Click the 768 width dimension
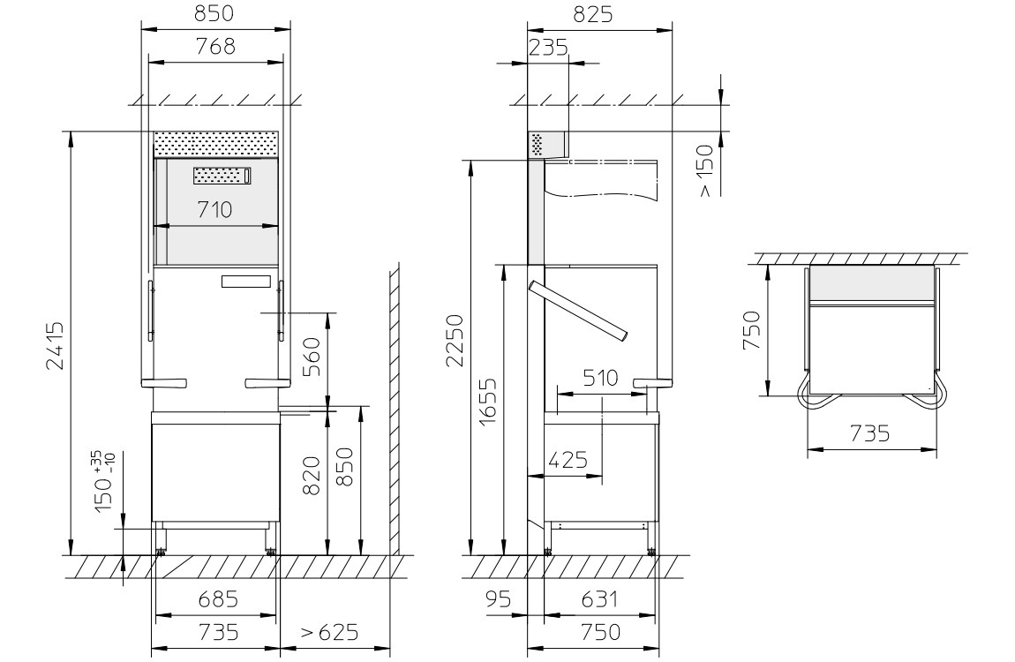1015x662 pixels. [x=216, y=49]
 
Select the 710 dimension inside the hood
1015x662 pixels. [x=214, y=210]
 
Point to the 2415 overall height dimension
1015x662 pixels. [x=55, y=346]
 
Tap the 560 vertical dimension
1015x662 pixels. [x=311, y=357]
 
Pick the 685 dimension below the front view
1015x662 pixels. [x=217, y=600]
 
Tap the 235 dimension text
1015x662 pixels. [x=547, y=49]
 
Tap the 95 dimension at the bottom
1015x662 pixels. [x=498, y=600]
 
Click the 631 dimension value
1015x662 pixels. [x=599, y=600]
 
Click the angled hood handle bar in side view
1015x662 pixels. [x=578, y=310]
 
